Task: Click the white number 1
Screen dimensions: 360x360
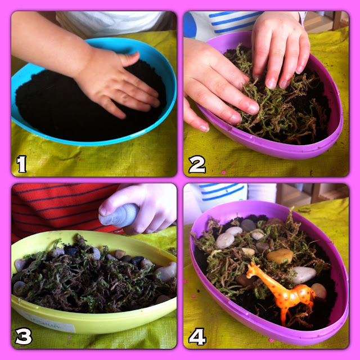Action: pyautogui.click(x=22, y=164)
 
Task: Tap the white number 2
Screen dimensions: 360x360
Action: pyautogui.click(x=197, y=164)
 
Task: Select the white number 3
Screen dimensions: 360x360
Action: pyautogui.click(x=24, y=336)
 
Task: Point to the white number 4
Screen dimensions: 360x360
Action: pyautogui.click(x=197, y=336)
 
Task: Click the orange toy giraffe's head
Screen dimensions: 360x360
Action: pyautogui.click(x=253, y=270)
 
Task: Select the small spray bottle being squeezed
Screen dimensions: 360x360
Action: pyautogui.click(x=119, y=215)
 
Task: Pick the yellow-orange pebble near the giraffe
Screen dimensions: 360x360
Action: pyautogui.click(x=280, y=255)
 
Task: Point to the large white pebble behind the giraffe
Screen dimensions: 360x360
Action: pyautogui.click(x=303, y=275)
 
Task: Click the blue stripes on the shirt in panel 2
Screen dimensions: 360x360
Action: pyautogui.click(x=234, y=21)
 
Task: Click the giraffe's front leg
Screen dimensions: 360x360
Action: pyautogui.click(x=283, y=316)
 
